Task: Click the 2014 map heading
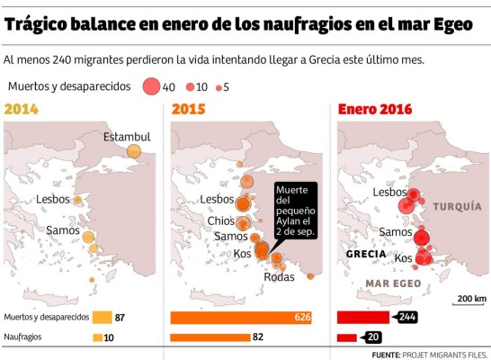tap(22, 110)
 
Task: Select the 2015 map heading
tap(189, 110)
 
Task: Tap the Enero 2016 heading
tap(375, 110)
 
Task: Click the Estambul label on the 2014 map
tap(127, 137)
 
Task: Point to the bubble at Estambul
tap(134, 151)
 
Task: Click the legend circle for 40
tap(150, 86)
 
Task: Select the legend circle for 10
tap(190, 87)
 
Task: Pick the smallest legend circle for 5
tap(219, 87)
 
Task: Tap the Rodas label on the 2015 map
tap(279, 276)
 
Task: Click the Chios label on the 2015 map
tap(220, 220)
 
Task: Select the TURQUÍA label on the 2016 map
tap(457, 206)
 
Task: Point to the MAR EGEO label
tap(393, 283)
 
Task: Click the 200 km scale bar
tap(470, 306)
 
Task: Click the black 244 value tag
tap(406, 318)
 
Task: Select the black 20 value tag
tap(373, 337)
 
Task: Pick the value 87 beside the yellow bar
tap(120, 318)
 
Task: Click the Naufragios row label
tap(23, 337)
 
